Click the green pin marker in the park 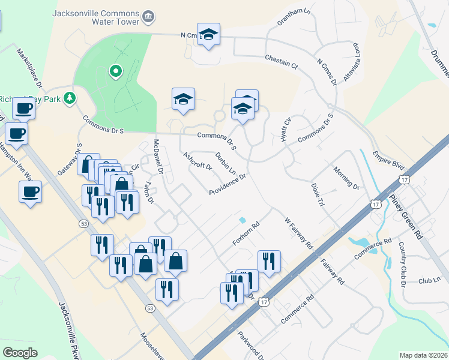[x=115, y=72]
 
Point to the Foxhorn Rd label [x=246, y=235]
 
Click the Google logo [x=20, y=352]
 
